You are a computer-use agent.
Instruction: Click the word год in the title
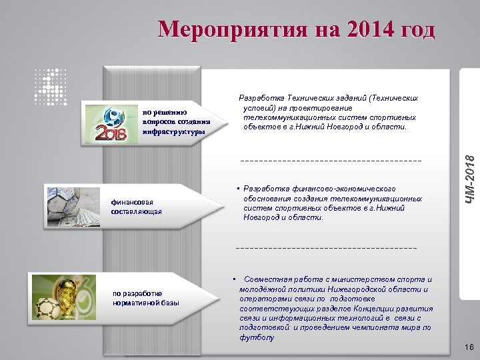pyautogui.click(x=411, y=30)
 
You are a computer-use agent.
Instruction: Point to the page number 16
pyautogui.click(x=468, y=347)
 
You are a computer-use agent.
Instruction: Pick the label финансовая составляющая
pyautogui.click(x=137, y=207)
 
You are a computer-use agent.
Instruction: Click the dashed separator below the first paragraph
pyautogui.click(x=321, y=161)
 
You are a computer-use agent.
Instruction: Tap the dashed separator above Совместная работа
pyautogui.click(x=326, y=247)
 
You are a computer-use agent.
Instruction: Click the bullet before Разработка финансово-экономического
pyautogui.click(x=238, y=189)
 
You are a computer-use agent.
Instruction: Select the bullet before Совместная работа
pyautogui.click(x=234, y=279)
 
